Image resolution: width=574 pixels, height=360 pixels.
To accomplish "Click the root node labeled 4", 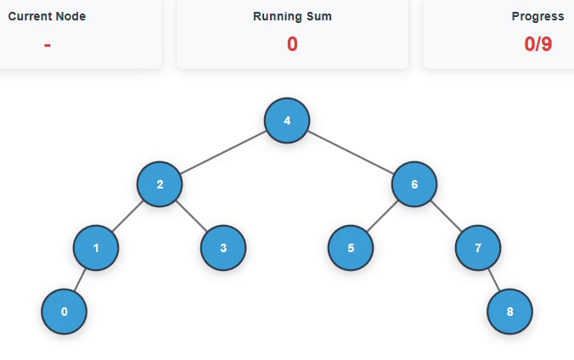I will (x=287, y=121).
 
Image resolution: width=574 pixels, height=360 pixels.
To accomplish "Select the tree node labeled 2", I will (x=160, y=184).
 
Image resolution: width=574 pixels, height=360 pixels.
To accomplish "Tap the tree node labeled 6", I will (x=414, y=184).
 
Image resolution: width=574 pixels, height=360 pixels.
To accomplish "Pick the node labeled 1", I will (x=96, y=248).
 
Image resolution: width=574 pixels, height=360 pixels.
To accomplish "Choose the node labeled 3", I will (x=223, y=248).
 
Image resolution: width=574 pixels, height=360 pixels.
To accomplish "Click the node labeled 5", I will (x=351, y=248).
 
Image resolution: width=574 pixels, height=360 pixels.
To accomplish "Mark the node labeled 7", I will (x=478, y=248).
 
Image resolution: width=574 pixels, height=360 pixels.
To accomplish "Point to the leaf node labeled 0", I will (x=65, y=312).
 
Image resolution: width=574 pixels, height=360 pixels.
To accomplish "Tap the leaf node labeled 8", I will (x=509, y=312).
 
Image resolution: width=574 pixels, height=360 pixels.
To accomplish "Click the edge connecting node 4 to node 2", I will (x=223, y=153).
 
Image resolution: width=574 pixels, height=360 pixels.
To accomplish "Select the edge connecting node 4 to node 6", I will (x=351, y=153).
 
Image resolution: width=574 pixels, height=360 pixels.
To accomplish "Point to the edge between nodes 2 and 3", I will (x=192, y=217).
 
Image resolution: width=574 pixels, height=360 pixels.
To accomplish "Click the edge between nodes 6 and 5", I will (x=382, y=217).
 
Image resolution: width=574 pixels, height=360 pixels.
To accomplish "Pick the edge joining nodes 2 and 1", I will (x=127, y=217).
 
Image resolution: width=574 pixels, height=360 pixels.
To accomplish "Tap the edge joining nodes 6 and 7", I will (x=447, y=217).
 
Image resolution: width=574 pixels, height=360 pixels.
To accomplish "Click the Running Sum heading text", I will (x=292, y=17).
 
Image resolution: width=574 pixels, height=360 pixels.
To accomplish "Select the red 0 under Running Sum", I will (x=292, y=44).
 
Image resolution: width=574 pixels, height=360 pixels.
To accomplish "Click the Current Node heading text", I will (x=47, y=17).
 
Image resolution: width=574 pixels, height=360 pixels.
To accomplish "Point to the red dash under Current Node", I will (x=47, y=44).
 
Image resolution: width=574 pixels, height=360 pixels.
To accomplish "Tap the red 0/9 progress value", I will (x=538, y=44).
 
